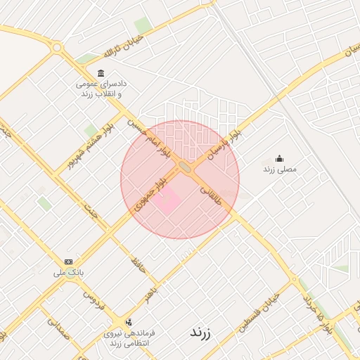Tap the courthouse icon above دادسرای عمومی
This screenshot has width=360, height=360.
tap(101, 74)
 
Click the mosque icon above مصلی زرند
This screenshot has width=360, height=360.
tap(280, 158)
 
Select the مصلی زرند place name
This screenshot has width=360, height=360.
tap(280, 169)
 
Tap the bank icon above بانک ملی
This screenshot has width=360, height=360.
tap(68, 261)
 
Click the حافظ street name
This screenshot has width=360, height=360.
tap(137, 264)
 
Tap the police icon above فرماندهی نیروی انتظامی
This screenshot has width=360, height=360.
tap(128, 322)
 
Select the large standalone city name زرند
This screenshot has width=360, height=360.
tap(200, 333)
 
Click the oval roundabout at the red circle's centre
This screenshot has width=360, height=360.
tap(186, 167)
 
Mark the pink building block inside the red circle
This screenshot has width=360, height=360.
tap(167, 203)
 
